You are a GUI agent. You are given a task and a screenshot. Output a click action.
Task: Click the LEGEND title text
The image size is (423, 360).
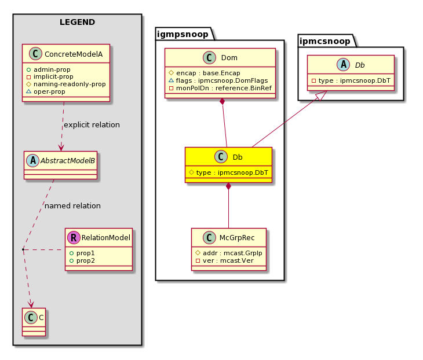tap(77, 22)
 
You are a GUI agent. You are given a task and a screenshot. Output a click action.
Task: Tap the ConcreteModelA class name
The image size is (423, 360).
tap(74, 54)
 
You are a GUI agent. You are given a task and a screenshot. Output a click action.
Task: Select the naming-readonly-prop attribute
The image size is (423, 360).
tap(70, 84)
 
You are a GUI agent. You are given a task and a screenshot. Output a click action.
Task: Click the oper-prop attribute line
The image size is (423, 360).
tap(49, 91)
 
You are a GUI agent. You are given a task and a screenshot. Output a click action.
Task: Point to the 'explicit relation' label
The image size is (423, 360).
tap(92, 125)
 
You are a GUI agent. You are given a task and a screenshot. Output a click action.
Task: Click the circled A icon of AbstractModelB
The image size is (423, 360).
tap(33, 160)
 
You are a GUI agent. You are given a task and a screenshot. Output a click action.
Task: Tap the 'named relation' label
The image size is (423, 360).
tap(72, 206)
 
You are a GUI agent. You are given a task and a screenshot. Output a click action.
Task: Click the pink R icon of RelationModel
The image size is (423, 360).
tap(74, 237)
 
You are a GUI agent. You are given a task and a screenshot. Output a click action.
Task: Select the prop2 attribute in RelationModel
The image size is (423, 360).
tap(86, 260)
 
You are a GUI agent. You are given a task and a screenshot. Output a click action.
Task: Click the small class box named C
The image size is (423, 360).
tap(34, 322)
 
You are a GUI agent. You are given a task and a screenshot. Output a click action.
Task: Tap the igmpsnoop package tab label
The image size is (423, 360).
tap(183, 34)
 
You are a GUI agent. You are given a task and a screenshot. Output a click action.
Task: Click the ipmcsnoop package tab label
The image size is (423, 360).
tap(325, 41)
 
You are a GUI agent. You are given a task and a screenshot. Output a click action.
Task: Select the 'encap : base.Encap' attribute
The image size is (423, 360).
tap(207, 73)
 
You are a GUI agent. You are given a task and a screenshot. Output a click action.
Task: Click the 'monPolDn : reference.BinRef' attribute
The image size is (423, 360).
tap(224, 88)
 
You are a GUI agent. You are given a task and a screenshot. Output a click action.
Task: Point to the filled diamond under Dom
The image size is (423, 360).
tap(223, 102)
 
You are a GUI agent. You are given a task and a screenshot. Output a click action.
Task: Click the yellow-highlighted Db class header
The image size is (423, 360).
tap(228, 157)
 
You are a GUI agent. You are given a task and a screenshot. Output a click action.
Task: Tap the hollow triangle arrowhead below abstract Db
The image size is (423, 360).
tap(322, 96)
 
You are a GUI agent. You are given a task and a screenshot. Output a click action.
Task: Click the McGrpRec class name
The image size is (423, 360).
tap(237, 238)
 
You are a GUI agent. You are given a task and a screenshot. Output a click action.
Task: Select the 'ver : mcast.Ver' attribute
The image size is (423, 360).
tap(228, 260)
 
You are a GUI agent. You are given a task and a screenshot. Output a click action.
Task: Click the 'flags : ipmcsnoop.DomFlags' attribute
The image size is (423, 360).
tap(222, 80)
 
